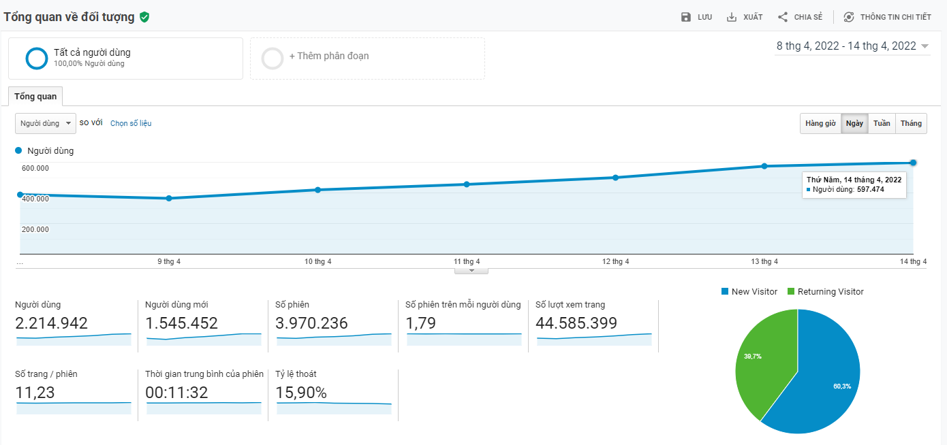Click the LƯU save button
point(696,17)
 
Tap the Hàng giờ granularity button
point(820,123)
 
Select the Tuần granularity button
point(882,123)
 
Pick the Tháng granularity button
point(911,123)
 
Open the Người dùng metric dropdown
point(46,123)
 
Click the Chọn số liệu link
point(131,123)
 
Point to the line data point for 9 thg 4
point(169,198)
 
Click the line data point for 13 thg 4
point(764,166)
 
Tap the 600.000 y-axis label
point(35,168)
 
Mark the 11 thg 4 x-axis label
point(467,261)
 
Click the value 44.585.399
point(576,323)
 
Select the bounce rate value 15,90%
point(301,393)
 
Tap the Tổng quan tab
point(35,97)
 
